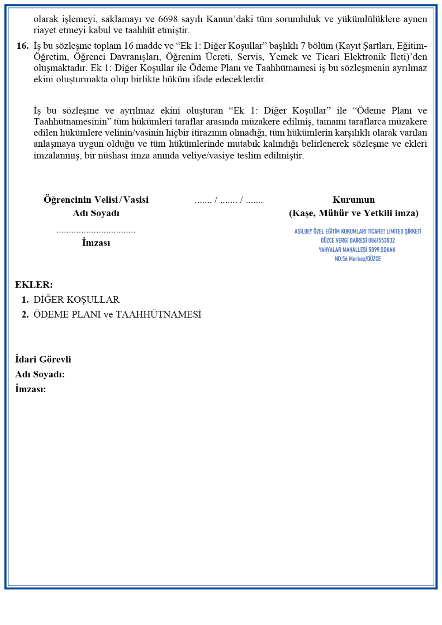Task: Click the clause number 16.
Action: point(22,46)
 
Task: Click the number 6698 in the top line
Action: point(168,19)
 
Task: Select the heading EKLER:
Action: point(34,285)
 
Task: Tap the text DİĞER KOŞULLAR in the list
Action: point(76,299)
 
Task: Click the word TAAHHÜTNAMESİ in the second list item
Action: point(158,314)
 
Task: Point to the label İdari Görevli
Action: point(43,359)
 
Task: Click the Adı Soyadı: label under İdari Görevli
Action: point(40,374)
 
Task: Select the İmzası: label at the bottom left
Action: point(31,389)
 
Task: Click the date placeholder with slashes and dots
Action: point(229,200)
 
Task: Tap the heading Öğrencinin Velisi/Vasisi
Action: point(96,200)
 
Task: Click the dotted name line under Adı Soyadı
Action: point(96,231)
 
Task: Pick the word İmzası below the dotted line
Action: point(96,243)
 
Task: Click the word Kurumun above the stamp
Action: point(353,200)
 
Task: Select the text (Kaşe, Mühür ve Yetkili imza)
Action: point(353,213)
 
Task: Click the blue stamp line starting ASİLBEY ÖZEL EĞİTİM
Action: point(357,231)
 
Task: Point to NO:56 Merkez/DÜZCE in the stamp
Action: point(357,259)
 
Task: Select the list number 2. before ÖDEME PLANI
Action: point(25,314)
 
